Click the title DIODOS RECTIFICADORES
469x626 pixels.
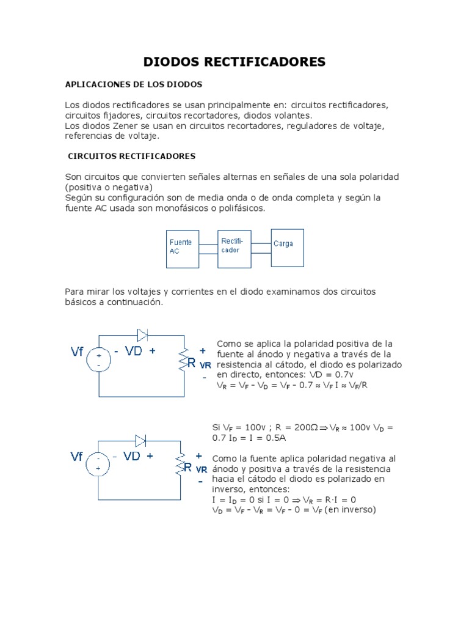pyautogui.click(x=234, y=62)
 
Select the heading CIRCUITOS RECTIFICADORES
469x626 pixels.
pyautogui.click(x=131, y=156)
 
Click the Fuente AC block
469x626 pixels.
pyautogui.click(x=182, y=248)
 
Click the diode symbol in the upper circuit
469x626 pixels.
pyautogui.click(x=143, y=334)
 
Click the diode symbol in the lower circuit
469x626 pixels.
pyautogui.click(x=141, y=440)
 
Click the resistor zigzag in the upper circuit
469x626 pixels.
pyautogui.click(x=181, y=360)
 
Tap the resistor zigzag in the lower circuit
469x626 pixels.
pyautogui.click(x=180, y=466)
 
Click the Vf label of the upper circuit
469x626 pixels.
pyautogui.click(x=78, y=352)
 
